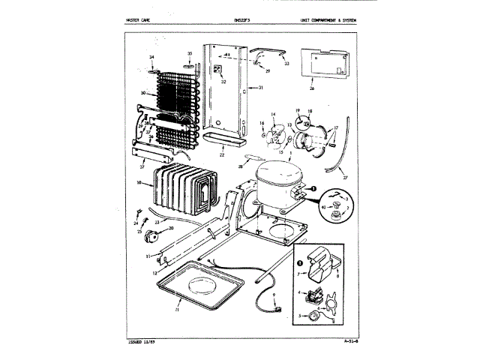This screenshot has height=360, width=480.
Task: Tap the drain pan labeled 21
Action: coord(197,289)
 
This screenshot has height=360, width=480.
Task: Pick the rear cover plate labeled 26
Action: coord(323,64)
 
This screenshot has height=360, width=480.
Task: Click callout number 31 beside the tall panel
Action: coord(261,88)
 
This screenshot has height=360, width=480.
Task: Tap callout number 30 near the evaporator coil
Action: coord(142,94)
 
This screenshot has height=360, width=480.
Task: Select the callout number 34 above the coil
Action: coord(151,58)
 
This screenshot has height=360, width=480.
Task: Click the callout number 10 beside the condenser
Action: coord(139,181)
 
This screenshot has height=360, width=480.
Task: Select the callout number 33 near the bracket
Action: coord(286,64)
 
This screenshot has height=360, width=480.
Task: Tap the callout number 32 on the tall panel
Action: coord(223,81)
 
